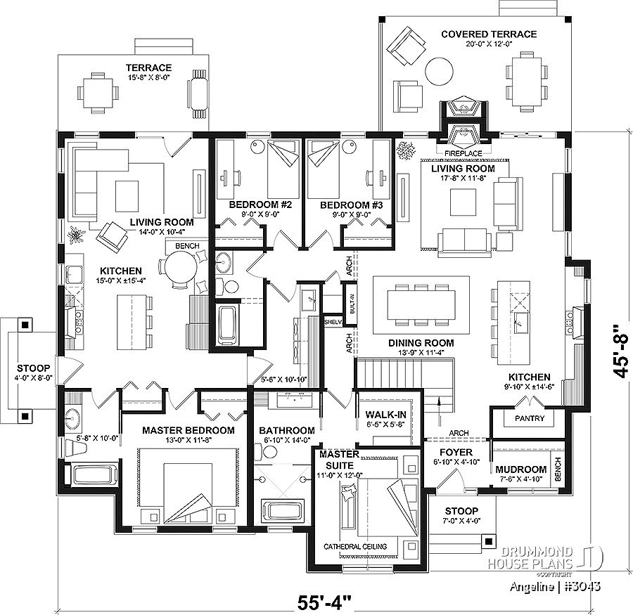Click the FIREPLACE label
coord(463,153)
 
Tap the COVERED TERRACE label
coord(489,34)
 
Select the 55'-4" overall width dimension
coord(325,603)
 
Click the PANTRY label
coord(530,418)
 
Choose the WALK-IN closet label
coord(385,415)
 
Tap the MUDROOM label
coord(520,470)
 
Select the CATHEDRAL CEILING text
coord(355,546)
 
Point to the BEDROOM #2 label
coord(260,205)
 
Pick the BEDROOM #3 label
coord(351,205)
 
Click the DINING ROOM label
coord(421,343)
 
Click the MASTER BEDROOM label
coord(188,431)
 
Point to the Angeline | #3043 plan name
coord(555,586)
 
